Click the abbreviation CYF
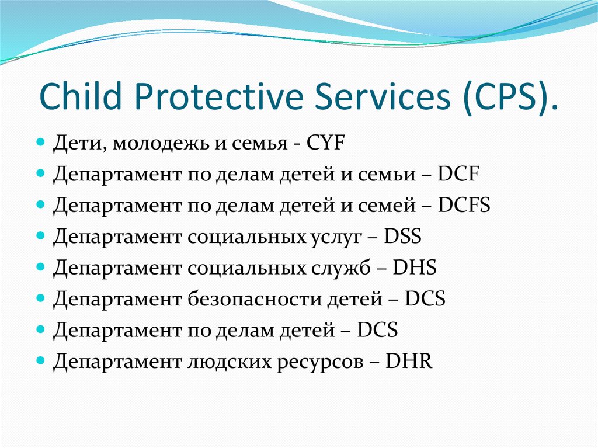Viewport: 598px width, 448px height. tap(325, 143)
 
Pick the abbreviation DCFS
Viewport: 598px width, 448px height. tap(464, 205)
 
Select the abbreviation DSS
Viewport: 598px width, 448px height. tap(402, 236)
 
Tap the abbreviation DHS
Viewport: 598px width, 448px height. tap(415, 268)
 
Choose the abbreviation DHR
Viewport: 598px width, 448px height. tap(409, 361)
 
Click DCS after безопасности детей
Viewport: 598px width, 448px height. tap(425, 298)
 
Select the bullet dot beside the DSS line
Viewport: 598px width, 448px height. tap(41, 235)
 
